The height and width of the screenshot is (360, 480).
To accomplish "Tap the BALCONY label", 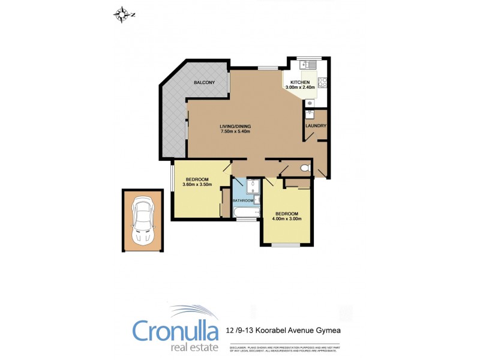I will click(204, 82).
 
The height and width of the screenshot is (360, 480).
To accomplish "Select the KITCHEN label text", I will click(300, 82).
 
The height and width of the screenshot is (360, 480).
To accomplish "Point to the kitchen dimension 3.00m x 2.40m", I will click(300, 88).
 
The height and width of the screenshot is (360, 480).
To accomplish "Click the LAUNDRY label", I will click(316, 125).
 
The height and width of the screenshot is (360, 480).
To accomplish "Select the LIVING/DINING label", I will click(235, 126).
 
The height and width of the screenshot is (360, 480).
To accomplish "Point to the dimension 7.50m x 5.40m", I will click(235, 131).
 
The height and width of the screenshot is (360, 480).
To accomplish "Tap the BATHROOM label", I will click(244, 200).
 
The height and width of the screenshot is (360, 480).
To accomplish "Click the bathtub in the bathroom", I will click(245, 212).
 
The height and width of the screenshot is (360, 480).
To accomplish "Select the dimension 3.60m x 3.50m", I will click(197, 185).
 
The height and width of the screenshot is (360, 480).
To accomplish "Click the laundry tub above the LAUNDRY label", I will click(310, 112).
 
